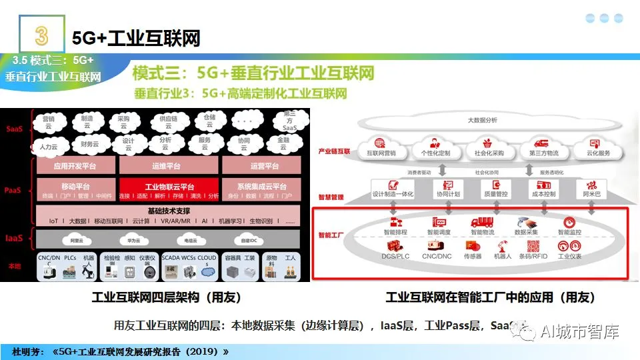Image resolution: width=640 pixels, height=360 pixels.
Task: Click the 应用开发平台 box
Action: tap(75, 166)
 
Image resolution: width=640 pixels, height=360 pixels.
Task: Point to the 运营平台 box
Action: tap(265, 166)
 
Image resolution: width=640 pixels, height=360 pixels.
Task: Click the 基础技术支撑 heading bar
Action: tap(170, 210)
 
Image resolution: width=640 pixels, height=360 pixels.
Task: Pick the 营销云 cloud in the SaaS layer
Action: tap(48, 121)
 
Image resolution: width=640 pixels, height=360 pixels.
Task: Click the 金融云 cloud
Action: tap(283, 143)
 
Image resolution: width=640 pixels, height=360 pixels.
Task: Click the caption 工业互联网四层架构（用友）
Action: tap(167, 297)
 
